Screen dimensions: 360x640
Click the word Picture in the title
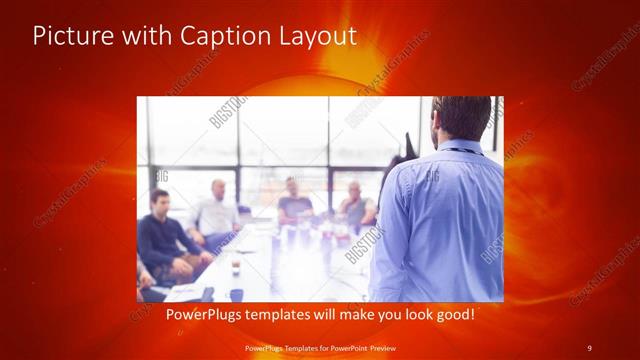(x=68, y=36)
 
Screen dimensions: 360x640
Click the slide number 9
(x=589, y=346)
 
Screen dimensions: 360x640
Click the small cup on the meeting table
(x=236, y=268)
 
